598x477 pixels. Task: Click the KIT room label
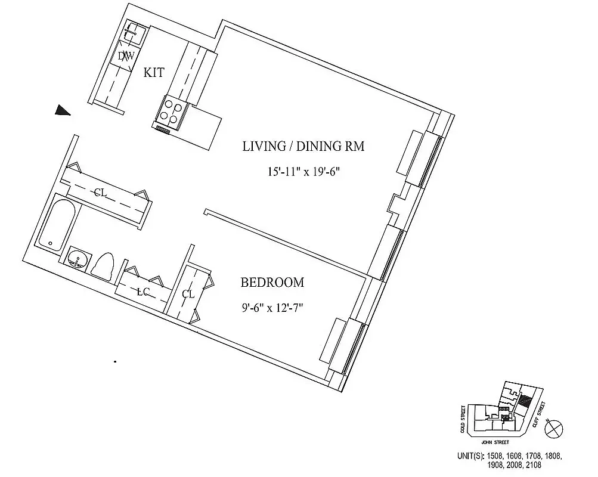(x=154, y=72)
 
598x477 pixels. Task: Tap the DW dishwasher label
(x=125, y=57)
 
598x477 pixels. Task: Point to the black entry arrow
(x=62, y=110)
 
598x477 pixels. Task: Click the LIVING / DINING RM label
(x=303, y=146)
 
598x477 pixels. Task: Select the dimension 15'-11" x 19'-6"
(x=303, y=172)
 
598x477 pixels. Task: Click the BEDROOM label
(x=272, y=282)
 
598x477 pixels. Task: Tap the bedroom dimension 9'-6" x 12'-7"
(x=272, y=308)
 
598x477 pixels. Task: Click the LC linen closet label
(x=142, y=292)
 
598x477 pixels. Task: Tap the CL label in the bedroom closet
(x=188, y=294)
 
